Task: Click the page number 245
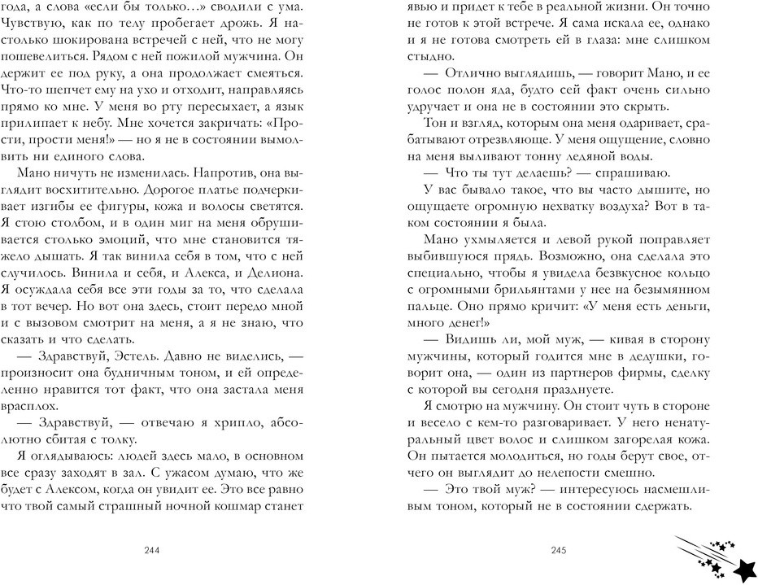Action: pos(558,550)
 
